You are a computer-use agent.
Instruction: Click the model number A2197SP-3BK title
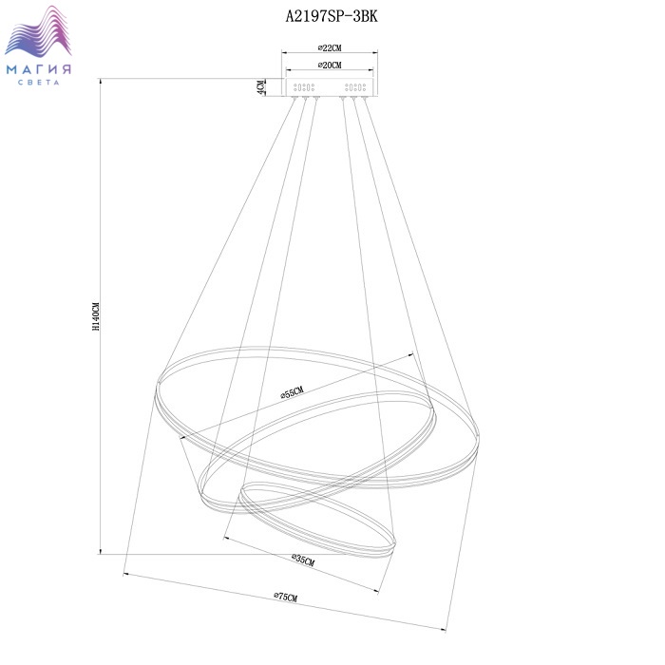point(332,16)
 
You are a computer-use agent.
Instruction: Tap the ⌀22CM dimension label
point(330,47)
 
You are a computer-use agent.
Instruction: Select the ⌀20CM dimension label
point(330,65)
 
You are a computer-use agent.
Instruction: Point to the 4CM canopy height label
point(261,87)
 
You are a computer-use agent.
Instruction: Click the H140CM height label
point(96,316)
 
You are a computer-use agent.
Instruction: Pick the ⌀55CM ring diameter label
point(293,392)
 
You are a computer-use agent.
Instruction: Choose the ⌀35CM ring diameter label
point(303,560)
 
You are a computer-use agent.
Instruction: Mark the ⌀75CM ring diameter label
point(285,598)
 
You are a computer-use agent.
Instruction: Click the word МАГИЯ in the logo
point(39,69)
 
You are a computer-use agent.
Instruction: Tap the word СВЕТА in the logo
point(39,83)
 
